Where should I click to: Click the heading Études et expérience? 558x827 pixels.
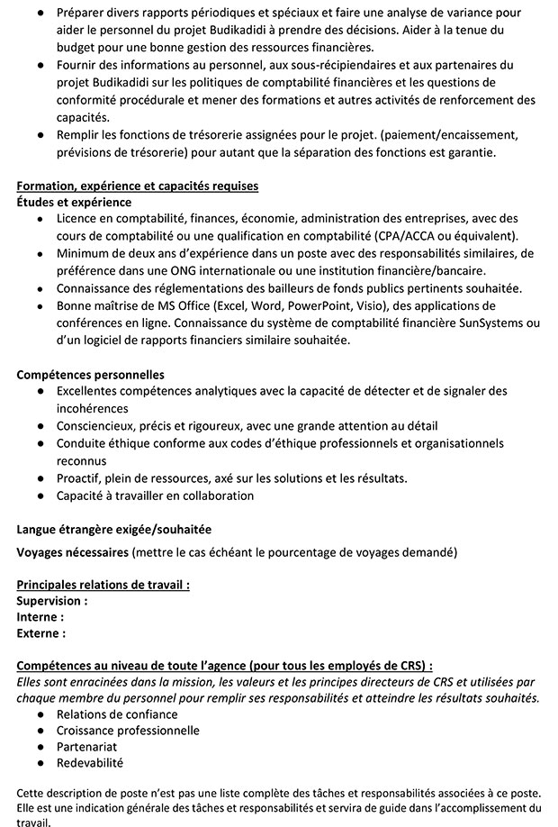coord(74,202)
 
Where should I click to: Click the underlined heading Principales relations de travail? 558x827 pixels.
coord(103,584)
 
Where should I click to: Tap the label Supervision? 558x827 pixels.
coord(52,600)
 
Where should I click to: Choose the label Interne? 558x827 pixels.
coord(40,616)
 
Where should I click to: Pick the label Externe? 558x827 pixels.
coord(41,632)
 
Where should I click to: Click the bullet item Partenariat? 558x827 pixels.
coord(87,747)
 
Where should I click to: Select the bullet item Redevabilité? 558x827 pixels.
coord(90,763)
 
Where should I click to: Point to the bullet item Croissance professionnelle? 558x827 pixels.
coord(128,731)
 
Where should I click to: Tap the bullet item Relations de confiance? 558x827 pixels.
coord(117,714)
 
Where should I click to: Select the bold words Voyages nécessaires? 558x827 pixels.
coord(73,550)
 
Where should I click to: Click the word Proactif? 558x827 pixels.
coord(80,477)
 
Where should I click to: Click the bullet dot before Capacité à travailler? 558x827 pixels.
coord(40,495)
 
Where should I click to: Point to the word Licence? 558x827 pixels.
coord(78,219)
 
